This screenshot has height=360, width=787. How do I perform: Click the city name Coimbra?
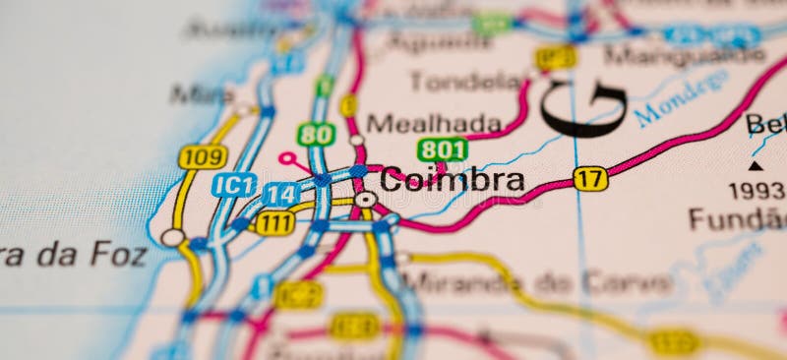[x=452, y=180]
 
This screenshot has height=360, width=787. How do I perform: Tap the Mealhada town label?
[x=434, y=123]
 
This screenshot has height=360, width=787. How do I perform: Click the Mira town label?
[x=201, y=94]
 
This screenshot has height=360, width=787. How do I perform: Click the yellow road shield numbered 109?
[x=203, y=156]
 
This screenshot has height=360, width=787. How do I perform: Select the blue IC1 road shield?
[x=234, y=184]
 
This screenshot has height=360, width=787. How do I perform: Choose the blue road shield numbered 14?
[x=281, y=194]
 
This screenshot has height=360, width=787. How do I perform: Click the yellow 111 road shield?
[x=274, y=223]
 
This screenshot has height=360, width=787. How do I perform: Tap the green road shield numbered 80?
[x=316, y=134]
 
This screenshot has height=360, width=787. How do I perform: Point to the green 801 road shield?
[x=442, y=150]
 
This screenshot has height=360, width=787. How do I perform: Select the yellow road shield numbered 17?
[x=590, y=178]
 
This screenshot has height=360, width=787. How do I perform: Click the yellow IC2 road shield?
[x=298, y=293]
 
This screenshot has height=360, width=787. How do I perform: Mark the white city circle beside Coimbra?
[x=365, y=199]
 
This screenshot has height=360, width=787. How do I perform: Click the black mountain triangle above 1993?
[x=755, y=165]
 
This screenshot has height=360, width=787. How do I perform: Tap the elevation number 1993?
[x=757, y=190]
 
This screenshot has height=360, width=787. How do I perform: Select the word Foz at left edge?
[x=118, y=254]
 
